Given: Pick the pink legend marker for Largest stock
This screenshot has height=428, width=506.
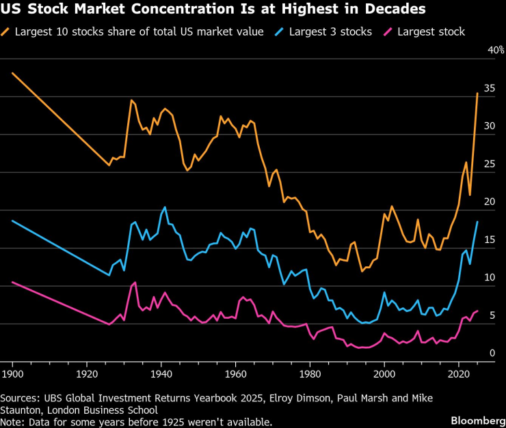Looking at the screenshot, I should [389, 31].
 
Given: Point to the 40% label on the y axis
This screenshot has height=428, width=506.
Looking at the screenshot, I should [495, 51].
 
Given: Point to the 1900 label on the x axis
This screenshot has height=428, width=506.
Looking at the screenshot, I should [12, 374].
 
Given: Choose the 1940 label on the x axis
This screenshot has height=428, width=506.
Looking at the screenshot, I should [161, 374].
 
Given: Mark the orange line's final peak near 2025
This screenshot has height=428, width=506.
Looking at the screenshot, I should [477, 94].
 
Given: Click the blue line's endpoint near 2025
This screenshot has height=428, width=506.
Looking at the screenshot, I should [477, 222].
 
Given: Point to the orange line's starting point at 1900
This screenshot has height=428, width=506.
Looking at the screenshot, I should [12, 73].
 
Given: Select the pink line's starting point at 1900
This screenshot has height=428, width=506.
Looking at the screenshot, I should [12, 282].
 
